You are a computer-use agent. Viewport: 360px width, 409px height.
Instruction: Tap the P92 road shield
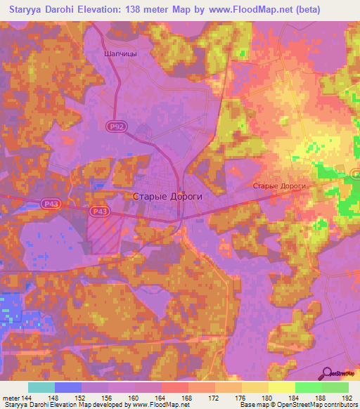coord(118,126)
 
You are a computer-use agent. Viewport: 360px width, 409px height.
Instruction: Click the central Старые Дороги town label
coord(167,197)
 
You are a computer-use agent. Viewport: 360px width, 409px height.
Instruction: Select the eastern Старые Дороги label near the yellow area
coord(279,186)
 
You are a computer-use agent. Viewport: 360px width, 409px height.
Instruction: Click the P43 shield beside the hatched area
coord(99,210)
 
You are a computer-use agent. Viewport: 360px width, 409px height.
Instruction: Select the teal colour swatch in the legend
coord(41,387)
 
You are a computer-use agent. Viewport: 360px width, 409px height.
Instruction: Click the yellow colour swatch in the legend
coord(281,387)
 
